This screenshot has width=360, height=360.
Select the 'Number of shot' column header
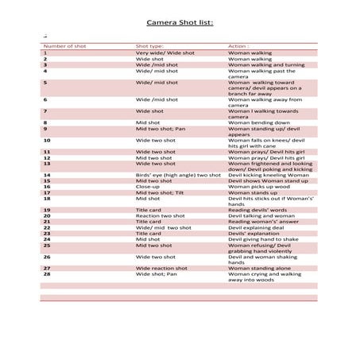[64, 46]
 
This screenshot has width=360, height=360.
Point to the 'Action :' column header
[238, 46]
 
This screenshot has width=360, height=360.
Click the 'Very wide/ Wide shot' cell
[165, 52]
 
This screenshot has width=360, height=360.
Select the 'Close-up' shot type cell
[148, 186]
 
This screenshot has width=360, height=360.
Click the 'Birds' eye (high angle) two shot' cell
[178, 175]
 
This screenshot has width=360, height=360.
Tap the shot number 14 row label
[47, 175]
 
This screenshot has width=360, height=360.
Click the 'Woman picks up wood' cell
[257, 186]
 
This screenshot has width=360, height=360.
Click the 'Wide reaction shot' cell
[161, 269]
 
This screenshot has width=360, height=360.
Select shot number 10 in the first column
[47, 140]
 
